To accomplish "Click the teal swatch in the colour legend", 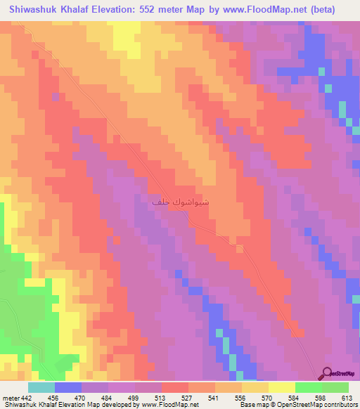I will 41,387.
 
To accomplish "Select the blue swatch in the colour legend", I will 68,387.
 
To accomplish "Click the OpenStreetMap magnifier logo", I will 326,374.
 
